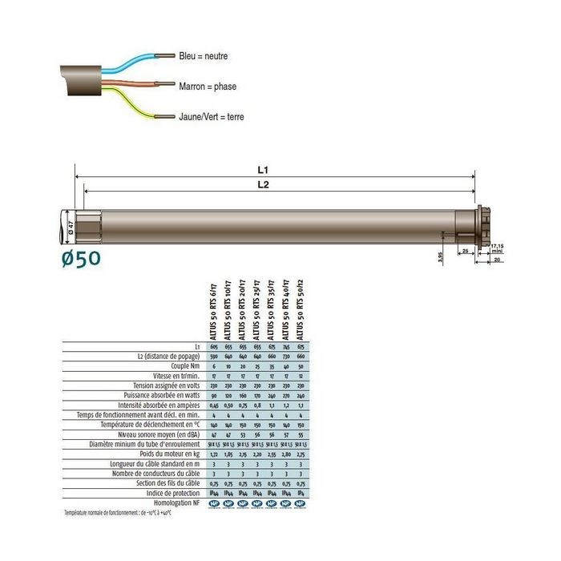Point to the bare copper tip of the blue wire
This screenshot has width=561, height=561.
coord(165,56)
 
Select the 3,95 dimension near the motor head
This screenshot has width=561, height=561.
coord(438,256)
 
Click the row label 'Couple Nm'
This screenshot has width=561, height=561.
coord(181,365)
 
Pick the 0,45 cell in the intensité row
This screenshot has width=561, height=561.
coord(214,405)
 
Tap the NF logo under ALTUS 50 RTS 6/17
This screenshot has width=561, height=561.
coord(214,503)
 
